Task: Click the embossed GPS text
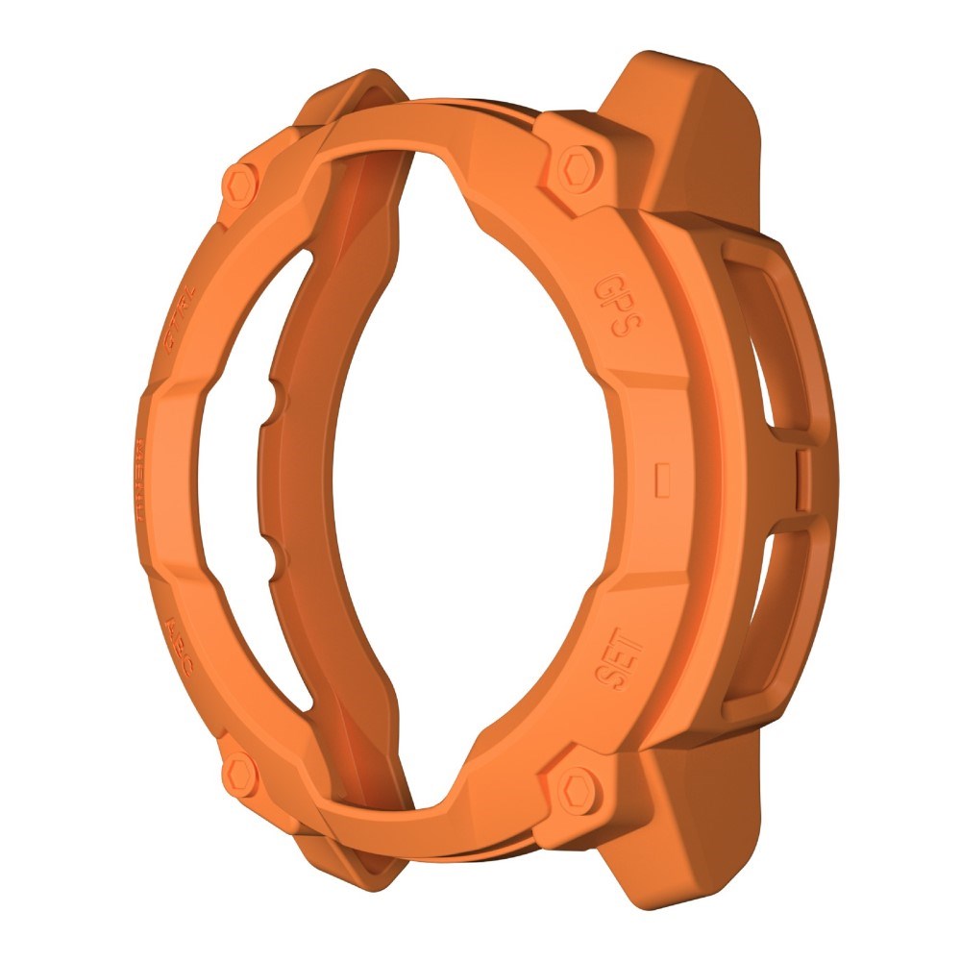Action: (616, 308)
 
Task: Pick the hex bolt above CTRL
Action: (237, 179)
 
